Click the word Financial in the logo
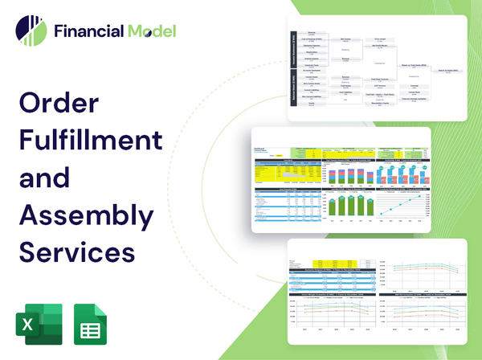click(x=87, y=31)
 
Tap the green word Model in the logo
click(x=150, y=31)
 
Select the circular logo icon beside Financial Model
click(x=31, y=31)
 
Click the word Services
click(x=76, y=251)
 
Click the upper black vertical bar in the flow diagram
click(x=293, y=49)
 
